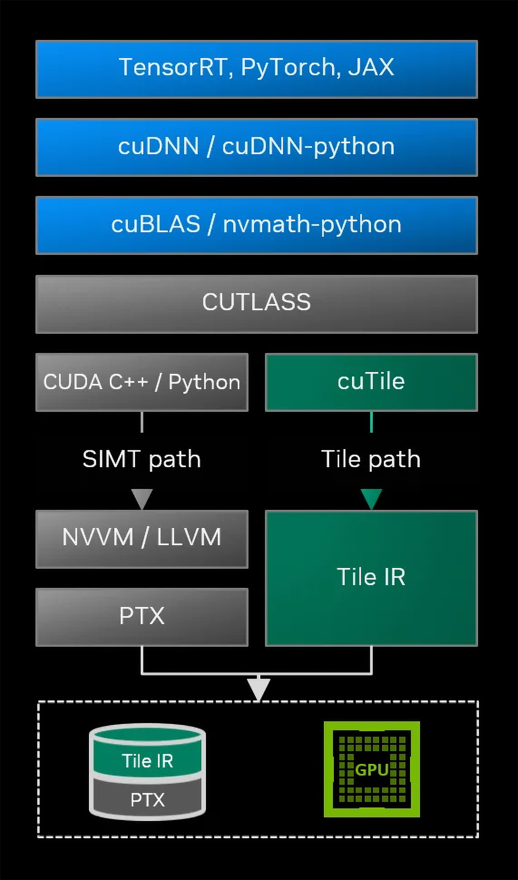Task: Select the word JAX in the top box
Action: pyautogui.click(x=371, y=67)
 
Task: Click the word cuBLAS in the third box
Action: pyautogui.click(x=156, y=224)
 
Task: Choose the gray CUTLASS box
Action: pyautogui.click(x=257, y=304)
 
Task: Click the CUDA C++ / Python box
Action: pyautogui.click(x=142, y=382)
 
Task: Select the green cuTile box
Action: pyautogui.click(x=371, y=382)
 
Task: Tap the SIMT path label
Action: pyautogui.click(x=142, y=459)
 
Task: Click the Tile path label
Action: pyautogui.click(x=371, y=459)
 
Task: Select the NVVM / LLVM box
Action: pyautogui.click(x=142, y=538)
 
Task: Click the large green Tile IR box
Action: pyautogui.click(x=371, y=578)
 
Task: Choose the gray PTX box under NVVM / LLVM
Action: pyautogui.click(x=142, y=616)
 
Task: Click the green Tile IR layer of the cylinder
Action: pyautogui.click(x=147, y=760)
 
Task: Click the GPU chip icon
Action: pyautogui.click(x=372, y=769)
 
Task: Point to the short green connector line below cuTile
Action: pyautogui.click(x=371, y=422)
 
